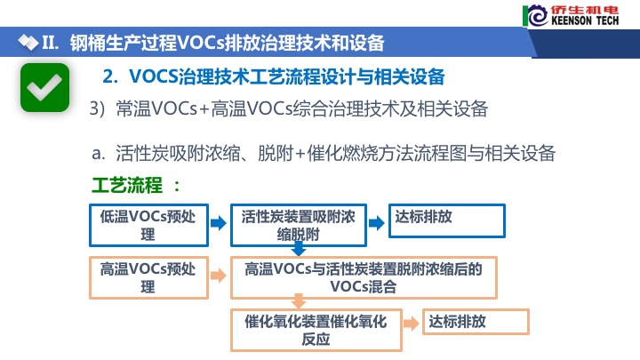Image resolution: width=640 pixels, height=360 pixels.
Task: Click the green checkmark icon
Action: (45, 87)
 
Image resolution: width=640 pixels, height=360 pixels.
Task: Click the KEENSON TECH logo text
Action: (585, 20)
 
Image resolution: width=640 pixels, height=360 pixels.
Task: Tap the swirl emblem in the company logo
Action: (537, 16)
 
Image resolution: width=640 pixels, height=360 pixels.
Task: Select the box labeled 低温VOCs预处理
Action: (149, 225)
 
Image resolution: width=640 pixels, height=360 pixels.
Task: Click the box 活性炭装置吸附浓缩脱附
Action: (299, 225)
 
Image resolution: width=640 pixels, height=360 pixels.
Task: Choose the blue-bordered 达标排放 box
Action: (447, 220)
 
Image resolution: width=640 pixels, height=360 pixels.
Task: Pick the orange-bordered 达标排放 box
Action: (476, 322)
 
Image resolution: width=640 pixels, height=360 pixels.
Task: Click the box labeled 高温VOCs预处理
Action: (149, 277)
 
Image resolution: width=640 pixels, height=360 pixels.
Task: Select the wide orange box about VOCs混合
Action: (364, 277)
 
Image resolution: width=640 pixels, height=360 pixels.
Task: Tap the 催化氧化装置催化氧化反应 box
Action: (316, 330)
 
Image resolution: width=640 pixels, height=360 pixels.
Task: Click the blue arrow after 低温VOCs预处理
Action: (219, 223)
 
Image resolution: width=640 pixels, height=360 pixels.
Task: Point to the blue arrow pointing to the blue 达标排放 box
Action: (376, 223)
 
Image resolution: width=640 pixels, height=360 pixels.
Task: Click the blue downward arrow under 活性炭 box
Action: (299, 249)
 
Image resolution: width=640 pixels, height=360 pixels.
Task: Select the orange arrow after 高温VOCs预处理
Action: (219, 276)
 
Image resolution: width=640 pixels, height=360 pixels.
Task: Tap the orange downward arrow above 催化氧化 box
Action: (299, 301)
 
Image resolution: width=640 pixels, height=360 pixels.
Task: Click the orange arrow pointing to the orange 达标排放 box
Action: (412, 324)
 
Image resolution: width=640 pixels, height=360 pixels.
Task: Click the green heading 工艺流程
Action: (127, 185)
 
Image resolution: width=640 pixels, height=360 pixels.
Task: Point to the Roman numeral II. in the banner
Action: (51, 43)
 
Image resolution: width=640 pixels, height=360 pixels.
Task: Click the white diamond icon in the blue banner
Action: (28, 43)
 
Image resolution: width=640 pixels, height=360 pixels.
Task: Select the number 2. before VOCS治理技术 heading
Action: (110, 76)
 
